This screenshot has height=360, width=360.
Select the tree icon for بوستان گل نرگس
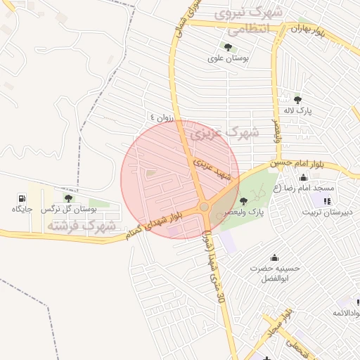pyautogui.click(x=67, y=198)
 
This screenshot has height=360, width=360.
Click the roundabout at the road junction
pyautogui.click(x=204, y=207)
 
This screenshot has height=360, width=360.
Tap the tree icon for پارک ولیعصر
pyautogui.click(x=244, y=201)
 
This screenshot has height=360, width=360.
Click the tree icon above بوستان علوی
pyautogui.click(x=229, y=46)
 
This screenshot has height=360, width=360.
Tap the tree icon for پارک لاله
pyautogui.click(x=297, y=99)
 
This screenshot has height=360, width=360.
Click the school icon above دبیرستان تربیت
pyautogui.click(x=326, y=202)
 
